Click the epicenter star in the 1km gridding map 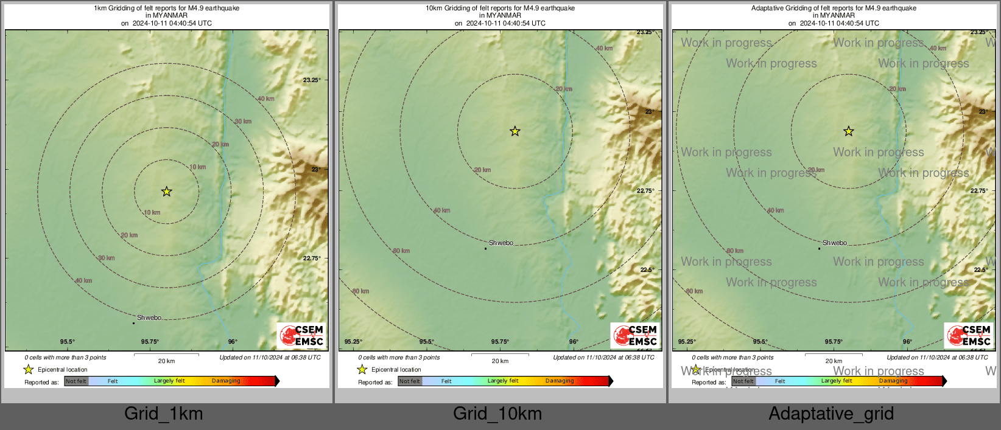(166, 192)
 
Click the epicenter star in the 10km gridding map (515, 131)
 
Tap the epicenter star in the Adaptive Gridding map (848, 131)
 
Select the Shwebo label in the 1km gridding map (149, 317)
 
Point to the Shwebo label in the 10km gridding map (501, 243)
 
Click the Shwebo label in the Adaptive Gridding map (835, 243)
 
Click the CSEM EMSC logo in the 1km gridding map (302, 336)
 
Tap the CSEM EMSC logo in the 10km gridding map (636, 336)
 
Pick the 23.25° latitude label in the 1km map (312, 80)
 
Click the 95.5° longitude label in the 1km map (68, 342)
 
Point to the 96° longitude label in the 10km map (574, 342)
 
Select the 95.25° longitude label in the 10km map (353, 342)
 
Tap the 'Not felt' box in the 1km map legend (76, 381)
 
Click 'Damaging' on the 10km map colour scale (560, 381)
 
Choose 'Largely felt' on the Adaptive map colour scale (837, 381)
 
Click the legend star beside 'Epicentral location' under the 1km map (29, 369)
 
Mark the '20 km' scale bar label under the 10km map (500, 361)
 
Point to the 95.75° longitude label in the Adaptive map (834, 342)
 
